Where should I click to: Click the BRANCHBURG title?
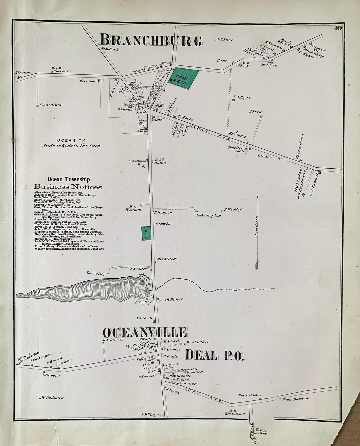click(151, 41)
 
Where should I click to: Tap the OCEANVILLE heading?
click(145, 333)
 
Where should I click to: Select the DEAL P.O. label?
click(215, 355)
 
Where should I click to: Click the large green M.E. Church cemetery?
click(183, 79)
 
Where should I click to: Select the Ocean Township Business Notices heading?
click(68, 183)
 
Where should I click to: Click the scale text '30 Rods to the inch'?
click(71, 146)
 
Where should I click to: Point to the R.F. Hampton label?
click(209, 215)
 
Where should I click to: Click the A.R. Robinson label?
click(237, 412)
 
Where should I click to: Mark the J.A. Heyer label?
click(242, 98)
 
